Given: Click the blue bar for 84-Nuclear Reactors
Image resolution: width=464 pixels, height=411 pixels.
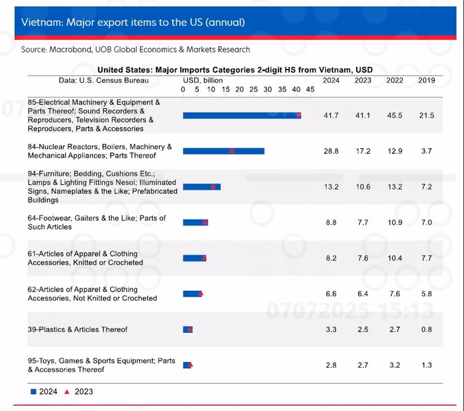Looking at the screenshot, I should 223,151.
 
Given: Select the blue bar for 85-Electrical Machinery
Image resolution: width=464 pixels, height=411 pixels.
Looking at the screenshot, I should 241,115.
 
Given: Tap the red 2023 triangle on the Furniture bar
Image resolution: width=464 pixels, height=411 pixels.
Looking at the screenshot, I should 213,187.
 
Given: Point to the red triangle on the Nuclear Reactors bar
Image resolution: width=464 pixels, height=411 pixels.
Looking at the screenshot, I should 231,151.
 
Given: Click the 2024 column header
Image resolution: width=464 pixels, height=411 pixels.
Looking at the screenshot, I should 331,80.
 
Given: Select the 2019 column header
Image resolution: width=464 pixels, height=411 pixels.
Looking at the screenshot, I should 426,80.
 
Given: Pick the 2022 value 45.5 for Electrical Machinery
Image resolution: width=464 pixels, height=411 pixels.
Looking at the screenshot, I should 394,115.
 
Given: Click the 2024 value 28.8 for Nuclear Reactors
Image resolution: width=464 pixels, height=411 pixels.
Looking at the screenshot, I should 331,151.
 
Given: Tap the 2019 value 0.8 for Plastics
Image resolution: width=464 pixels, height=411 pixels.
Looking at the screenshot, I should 426,329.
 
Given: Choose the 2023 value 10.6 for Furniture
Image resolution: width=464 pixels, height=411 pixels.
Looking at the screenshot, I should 363,187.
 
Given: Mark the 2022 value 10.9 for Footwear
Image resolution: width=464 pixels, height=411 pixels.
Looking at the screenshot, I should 394,223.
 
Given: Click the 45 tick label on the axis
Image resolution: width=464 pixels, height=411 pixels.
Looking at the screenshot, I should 310,89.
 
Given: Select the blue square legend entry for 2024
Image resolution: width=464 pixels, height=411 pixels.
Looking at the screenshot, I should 34,392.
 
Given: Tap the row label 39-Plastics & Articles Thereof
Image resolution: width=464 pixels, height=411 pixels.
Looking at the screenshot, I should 78,329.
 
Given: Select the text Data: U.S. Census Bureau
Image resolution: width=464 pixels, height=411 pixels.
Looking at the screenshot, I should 103,80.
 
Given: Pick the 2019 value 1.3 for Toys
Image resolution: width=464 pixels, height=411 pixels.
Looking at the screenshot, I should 426,365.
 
